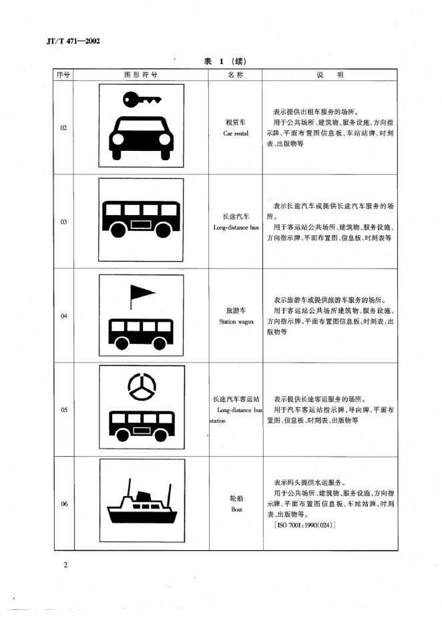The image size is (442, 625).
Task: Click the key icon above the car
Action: [142, 100]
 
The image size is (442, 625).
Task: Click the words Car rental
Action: [236, 134]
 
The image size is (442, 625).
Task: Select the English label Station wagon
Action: [236, 321]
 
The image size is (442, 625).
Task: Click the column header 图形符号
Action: [141, 75]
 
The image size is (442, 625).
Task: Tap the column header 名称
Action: [236, 75]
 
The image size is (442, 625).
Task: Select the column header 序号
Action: [64, 75]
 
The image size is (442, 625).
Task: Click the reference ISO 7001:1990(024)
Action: [304, 526]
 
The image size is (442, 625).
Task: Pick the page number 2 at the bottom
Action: [65, 566]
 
